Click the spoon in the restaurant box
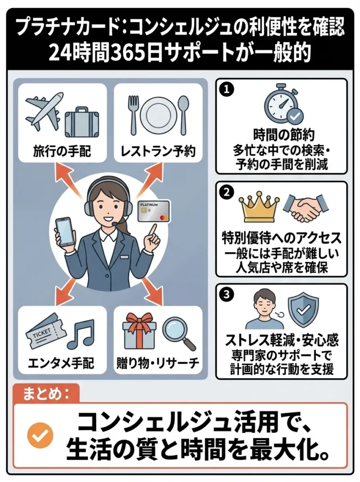coord(184,113)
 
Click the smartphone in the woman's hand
coord(65,231)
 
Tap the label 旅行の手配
coord(62,151)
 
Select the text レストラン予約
coord(158,151)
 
